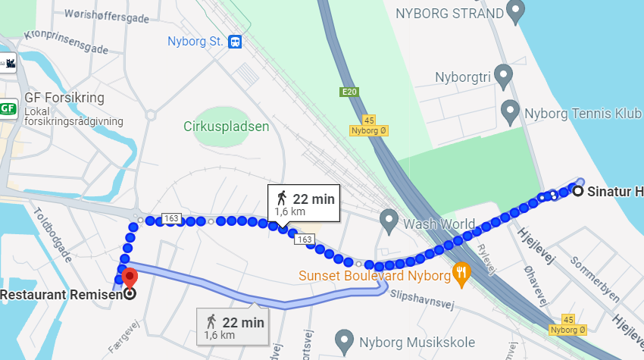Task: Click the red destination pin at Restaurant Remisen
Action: click(130, 278)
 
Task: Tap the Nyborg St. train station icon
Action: click(236, 42)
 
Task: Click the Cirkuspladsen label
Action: click(226, 127)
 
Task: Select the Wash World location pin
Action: click(389, 221)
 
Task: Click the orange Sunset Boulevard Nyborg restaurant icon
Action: click(461, 273)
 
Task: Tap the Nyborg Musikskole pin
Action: click(345, 340)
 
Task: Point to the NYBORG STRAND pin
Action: click(516, 11)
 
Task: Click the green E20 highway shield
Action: click(349, 92)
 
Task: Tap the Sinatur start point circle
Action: click(578, 191)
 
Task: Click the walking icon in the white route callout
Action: click(282, 199)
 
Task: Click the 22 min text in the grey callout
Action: click(242, 322)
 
